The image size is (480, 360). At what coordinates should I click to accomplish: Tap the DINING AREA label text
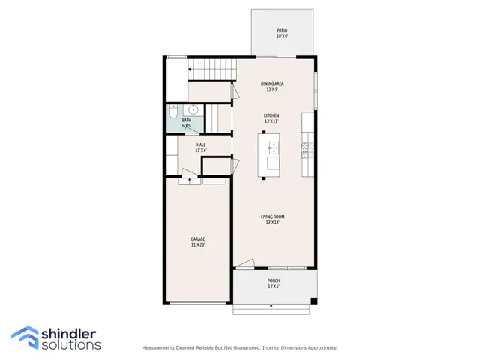click(x=272, y=83)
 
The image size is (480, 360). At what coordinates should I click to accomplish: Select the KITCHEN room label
click(x=271, y=115)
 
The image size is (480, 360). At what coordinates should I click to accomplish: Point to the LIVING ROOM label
click(x=272, y=217)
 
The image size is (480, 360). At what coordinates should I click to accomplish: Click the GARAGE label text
click(x=198, y=239)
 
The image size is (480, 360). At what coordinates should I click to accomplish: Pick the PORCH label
click(x=274, y=280)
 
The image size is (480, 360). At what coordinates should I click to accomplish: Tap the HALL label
click(x=201, y=145)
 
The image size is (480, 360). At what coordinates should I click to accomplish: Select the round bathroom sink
click(x=192, y=109)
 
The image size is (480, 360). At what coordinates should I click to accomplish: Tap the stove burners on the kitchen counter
click(x=307, y=150)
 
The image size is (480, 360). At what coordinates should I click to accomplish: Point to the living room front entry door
click(x=246, y=264)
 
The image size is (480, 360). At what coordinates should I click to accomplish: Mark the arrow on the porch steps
click(x=271, y=306)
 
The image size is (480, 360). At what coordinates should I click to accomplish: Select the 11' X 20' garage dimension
click(x=198, y=245)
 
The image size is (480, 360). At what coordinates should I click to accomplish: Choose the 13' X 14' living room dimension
click(x=272, y=223)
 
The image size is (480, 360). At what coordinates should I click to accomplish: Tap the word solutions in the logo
click(x=72, y=345)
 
